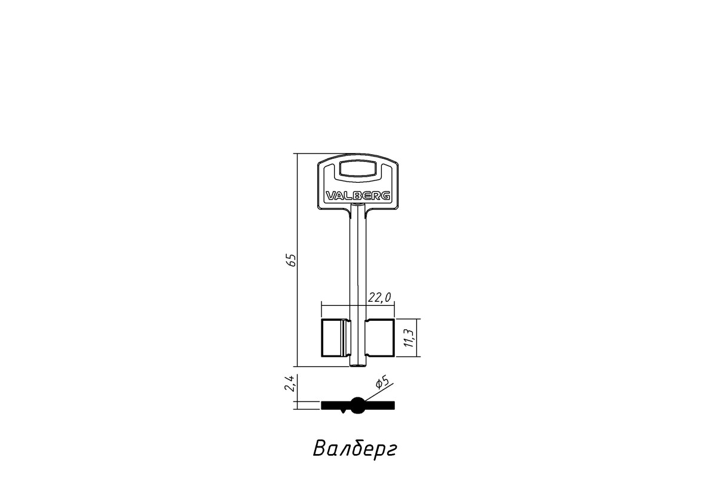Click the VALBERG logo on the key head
click(358, 195)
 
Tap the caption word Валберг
click(355, 449)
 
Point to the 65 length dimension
click(292, 260)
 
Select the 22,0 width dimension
click(379, 298)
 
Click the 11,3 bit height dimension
click(409, 338)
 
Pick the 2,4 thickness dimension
click(289, 383)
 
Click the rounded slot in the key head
click(358, 168)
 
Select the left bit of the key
click(336, 338)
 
